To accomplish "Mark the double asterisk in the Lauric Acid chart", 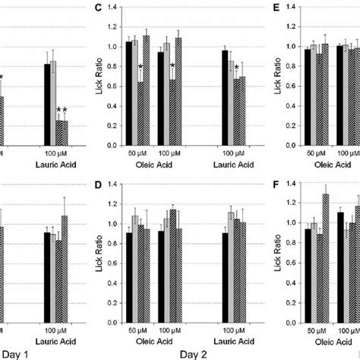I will click(x=62, y=111).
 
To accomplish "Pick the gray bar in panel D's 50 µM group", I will click(x=136, y=267).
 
